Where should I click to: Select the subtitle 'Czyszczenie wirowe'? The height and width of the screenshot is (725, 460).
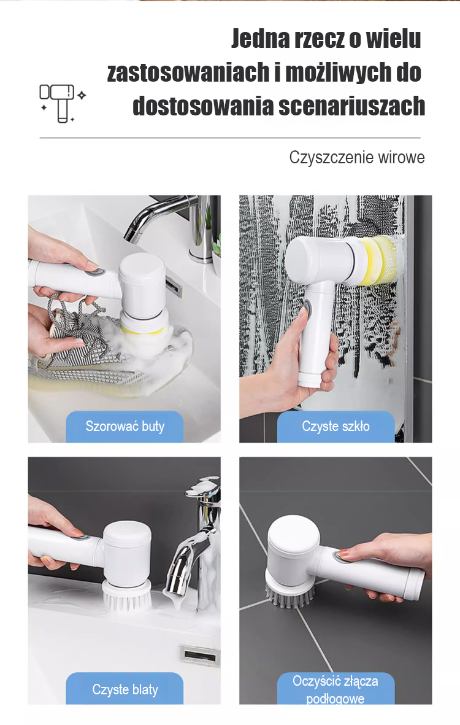point(356,157)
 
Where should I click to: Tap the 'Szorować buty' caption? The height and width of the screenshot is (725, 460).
point(125,426)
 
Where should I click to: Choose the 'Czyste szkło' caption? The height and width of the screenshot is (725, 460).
point(335,426)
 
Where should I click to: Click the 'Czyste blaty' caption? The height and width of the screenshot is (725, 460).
point(125,689)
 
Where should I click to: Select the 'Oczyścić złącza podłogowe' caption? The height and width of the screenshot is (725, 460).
point(335,689)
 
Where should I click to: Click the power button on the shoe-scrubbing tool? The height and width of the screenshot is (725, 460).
point(95,271)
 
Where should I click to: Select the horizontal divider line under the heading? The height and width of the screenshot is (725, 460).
point(230,138)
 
